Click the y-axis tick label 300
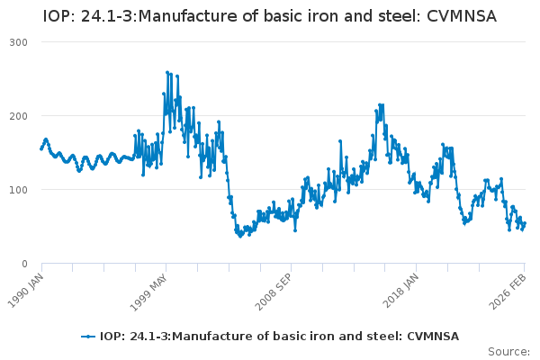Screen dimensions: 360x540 (18, 42)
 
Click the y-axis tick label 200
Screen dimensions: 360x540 (18, 116)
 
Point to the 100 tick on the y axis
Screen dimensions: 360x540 (18, 190)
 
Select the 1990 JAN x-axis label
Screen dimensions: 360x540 (28, 286)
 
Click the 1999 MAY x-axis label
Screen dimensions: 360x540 (151, 286)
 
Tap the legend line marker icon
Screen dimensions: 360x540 (88, 336)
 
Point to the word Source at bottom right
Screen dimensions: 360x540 (507, 351)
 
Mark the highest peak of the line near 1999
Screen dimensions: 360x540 (166, 72)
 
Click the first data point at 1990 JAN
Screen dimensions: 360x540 (41, 148)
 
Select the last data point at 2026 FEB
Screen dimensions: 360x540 (525, 224)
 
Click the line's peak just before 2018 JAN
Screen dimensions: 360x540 (381, 104)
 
